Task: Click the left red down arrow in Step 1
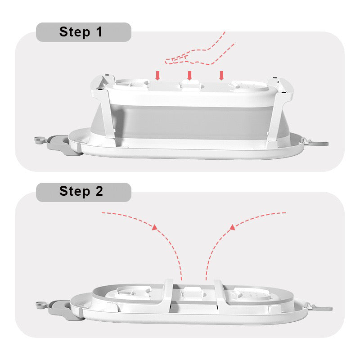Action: (157, 76)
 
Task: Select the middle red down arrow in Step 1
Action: (189, 76)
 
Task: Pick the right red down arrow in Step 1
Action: (221, 76)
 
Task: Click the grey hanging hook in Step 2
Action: (321, 308)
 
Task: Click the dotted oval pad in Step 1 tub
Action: (250, 86)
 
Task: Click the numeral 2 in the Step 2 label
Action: (99, 191)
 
